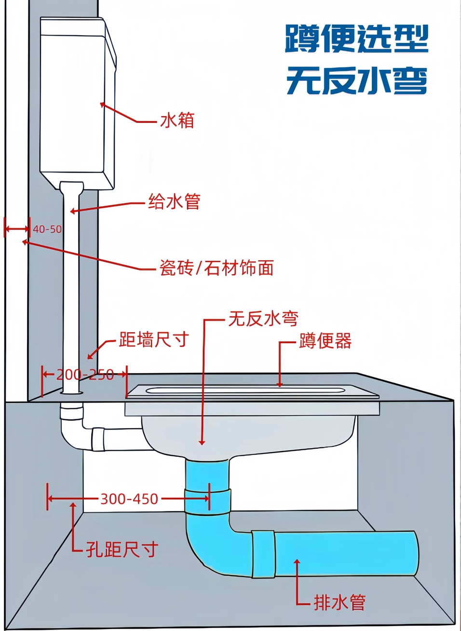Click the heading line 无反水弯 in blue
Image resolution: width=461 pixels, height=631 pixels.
tap(356, 81)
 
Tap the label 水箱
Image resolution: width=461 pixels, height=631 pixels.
tap(177, 120)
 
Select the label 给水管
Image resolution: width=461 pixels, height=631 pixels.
tap(174, 201)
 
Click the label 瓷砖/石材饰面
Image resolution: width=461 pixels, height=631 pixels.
tap(217, 268)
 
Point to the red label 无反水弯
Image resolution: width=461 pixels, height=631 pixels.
tap(263, 318)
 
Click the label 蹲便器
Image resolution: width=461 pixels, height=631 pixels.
tap(325, 341)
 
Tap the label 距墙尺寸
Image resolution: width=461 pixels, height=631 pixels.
tap(154, 339)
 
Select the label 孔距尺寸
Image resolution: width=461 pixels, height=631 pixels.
tap(122, 549)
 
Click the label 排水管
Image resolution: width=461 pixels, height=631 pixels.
tap(340, 602)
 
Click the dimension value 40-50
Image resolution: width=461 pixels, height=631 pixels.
tap(47, 229)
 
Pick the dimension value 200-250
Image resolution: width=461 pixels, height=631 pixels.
tap(85, 375)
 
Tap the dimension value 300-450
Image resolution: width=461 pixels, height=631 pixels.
tap(129, 498)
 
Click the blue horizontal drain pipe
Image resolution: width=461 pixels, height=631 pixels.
tap(345, 553)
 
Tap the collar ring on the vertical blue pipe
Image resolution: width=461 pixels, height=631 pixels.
tap(208, 501)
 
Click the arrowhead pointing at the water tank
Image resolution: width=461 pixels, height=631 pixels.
tap(103, 104)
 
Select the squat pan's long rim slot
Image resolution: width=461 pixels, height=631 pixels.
tap(246, 390)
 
